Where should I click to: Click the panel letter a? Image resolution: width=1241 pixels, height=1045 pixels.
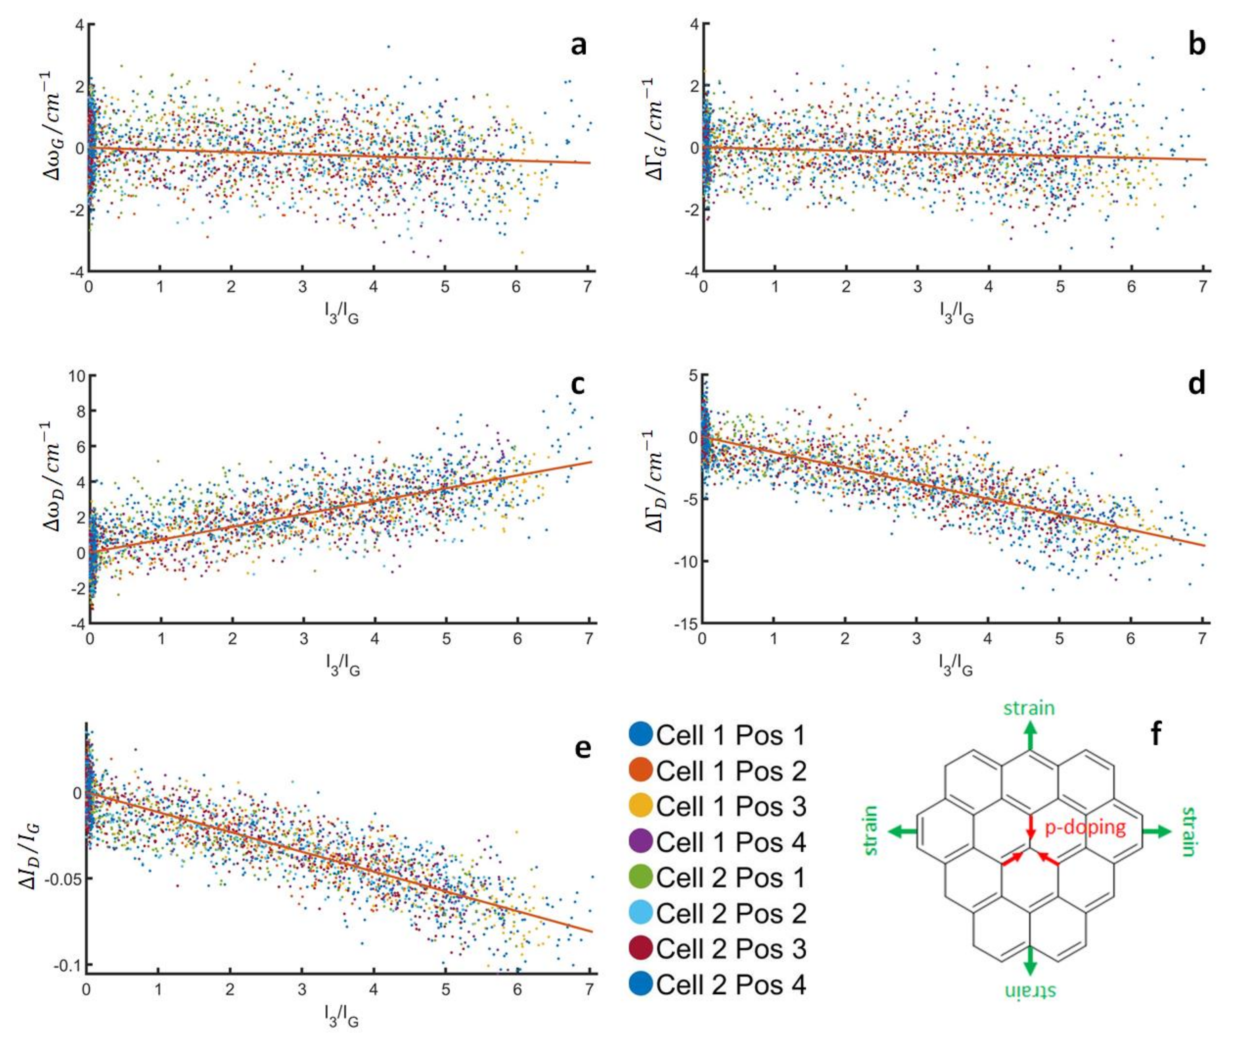(x=578, y=46)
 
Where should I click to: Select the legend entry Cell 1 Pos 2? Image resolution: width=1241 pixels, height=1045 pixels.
(x=731, y=771)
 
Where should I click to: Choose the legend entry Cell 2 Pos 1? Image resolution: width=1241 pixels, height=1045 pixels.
(x=731, y=877)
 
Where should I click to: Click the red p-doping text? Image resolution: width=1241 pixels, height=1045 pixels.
(x=1084, y=827)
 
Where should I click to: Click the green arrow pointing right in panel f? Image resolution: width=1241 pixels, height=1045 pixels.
(x=1156, y=832)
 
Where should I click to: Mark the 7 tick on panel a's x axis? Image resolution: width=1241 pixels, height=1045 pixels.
(x=587, y=287)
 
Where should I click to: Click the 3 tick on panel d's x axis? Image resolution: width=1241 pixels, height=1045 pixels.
(x=916, y=640)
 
